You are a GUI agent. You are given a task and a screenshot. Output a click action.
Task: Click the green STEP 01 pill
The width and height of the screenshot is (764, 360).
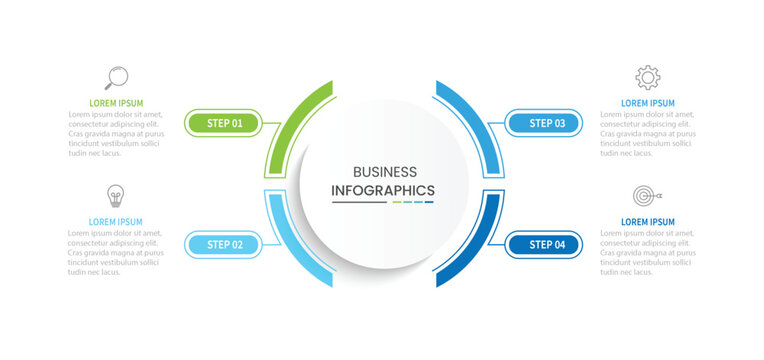point(224,123)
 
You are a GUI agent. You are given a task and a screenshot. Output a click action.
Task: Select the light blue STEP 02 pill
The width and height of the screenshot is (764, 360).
point(224,244)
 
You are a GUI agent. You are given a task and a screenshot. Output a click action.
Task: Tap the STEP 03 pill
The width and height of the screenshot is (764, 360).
point(547,123)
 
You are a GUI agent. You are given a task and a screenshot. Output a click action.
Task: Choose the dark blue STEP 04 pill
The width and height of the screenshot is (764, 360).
point(547,244)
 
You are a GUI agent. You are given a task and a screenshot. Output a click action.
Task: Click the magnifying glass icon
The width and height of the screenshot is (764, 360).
point(116,77)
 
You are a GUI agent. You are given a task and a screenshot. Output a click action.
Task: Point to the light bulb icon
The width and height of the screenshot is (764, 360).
point(116,195)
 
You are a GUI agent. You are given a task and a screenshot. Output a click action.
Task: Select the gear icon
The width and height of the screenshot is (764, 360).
point(648,77)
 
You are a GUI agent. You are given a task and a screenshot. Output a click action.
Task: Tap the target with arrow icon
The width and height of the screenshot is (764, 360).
point(646,195)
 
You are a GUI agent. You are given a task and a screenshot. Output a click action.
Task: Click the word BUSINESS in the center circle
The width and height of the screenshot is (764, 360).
point(385,172)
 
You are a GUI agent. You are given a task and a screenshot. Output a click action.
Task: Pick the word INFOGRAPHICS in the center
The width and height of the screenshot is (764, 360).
point(383,190)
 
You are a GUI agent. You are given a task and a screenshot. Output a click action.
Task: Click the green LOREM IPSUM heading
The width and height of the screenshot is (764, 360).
point(116,103)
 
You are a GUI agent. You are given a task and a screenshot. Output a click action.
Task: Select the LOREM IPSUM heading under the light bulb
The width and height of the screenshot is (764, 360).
point(116,222)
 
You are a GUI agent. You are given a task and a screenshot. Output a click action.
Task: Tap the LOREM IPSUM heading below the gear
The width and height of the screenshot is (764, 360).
point(648,103)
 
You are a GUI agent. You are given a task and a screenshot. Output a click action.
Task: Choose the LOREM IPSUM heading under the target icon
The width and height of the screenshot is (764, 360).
point(648,222)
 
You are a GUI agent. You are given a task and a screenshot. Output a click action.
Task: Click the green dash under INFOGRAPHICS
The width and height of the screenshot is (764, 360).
point(397,202)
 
